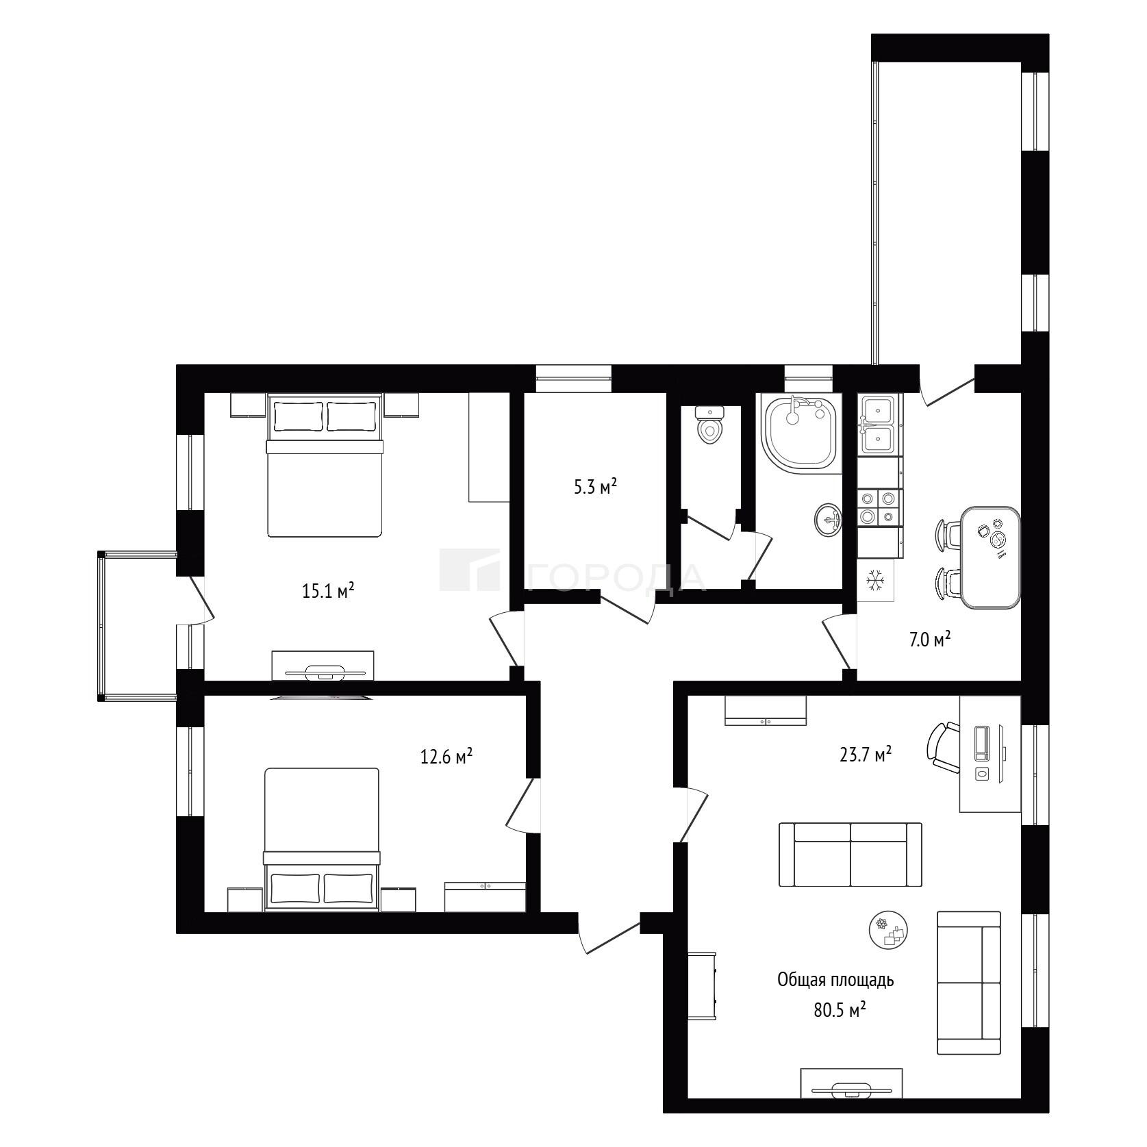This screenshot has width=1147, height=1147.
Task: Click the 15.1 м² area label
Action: point(328,590)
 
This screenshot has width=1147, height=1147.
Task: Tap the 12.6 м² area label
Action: point(446,757)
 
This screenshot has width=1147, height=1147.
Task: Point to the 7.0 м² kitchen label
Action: point(930,640)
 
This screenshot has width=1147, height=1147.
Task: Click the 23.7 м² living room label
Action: point(866,754)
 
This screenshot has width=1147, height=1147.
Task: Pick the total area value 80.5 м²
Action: point(840,1010)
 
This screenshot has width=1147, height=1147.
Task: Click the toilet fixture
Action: point(709,425)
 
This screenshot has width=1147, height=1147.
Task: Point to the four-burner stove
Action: point(879,507)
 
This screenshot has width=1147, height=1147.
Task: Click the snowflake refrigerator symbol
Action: point(876,581)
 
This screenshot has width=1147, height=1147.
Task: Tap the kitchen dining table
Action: point(990,557)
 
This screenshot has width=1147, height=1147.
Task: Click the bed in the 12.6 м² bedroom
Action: point(321,840)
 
